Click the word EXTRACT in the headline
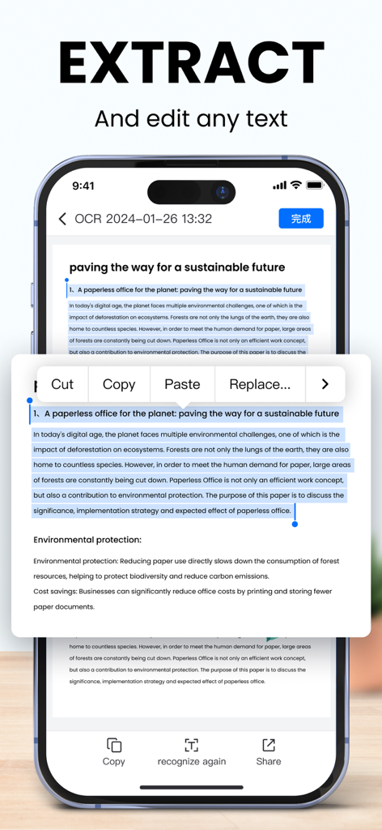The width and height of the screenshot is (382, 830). coord(191,62)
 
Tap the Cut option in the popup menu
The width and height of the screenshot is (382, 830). coord(62,384)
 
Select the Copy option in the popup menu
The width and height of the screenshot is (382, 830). coord(119,384)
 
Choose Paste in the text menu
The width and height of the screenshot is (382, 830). coord(182,384)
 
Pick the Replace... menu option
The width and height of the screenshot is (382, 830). coord(260,384)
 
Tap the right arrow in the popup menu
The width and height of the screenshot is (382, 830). coord(325,384)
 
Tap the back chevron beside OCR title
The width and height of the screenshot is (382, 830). coord(63,219)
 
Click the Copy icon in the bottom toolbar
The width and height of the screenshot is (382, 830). coord(114,745)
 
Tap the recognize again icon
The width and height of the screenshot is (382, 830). coord(192,745)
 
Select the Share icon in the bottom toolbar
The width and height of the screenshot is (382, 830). coord(269,745)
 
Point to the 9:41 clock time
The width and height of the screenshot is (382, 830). coord(83,186)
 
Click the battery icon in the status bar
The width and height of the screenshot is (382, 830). coord(315,186)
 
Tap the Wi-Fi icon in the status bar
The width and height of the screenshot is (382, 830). coord(296,186)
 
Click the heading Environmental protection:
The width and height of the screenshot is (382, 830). coord(87,540)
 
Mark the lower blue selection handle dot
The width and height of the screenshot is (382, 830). coord(295,524)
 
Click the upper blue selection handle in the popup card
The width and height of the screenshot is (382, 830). coord(30,400)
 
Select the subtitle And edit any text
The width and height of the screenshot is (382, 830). coord(191,118)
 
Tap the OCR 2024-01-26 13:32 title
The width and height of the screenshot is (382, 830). coord(143,219)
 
